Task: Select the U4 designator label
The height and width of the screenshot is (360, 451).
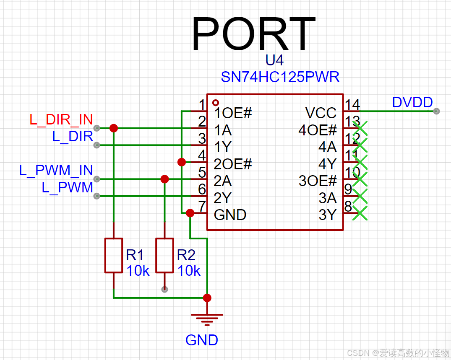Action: click(274, 60)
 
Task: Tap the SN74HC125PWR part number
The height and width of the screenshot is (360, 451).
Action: click(280, 77)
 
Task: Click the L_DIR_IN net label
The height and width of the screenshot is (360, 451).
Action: click(61, 119)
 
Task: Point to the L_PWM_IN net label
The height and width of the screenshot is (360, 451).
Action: click(56, 170)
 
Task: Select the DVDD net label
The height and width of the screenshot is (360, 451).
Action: click(412, 102)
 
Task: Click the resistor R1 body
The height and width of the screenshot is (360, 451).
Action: click(113, 256)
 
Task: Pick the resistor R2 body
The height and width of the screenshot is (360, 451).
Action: click(164, 256)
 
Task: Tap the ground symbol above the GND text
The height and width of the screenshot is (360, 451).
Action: click(207, 319)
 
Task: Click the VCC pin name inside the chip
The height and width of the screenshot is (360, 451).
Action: click(321, 113)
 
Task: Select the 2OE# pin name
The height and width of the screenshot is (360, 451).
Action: click(233, 164)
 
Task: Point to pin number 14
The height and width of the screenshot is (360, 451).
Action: click(352, 104)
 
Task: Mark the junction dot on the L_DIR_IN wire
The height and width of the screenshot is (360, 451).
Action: click(113, 128)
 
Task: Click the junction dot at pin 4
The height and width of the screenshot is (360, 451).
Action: click(182, 162)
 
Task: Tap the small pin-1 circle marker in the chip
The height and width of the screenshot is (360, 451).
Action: click(216, 102)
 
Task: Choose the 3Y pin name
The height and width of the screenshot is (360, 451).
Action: click(328, 215)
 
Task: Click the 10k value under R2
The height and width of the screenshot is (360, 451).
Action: click(189, 271)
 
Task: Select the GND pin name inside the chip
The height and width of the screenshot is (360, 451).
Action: click(230, 215)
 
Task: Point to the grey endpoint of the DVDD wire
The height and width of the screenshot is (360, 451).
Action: click(436, 111)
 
